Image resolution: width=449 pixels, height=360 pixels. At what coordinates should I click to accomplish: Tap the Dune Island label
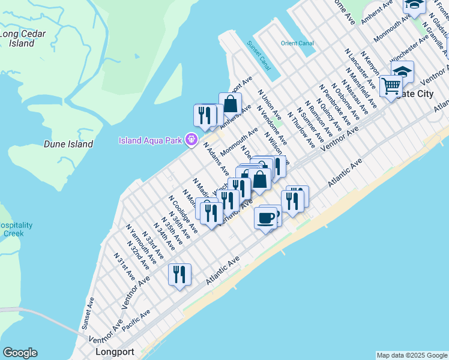tap(68, 144)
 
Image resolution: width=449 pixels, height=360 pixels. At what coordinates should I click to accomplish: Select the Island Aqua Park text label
tap(151, 141)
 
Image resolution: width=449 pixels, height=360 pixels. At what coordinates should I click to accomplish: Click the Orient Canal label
tap(297, 43)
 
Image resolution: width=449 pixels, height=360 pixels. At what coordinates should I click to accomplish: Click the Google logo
tap(20, 353)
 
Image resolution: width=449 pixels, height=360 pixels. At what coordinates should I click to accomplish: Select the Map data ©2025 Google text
tap(411, 355)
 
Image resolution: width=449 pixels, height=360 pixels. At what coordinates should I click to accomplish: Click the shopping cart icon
tap(391, 85)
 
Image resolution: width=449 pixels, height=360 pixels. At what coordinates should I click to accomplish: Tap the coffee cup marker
tap(265, 217)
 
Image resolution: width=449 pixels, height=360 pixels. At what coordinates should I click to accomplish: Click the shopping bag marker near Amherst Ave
tap(231, 103)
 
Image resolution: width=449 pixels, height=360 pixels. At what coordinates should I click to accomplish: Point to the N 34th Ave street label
tap(164, 237)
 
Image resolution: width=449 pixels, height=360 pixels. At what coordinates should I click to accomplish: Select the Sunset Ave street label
tap(88, 313)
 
